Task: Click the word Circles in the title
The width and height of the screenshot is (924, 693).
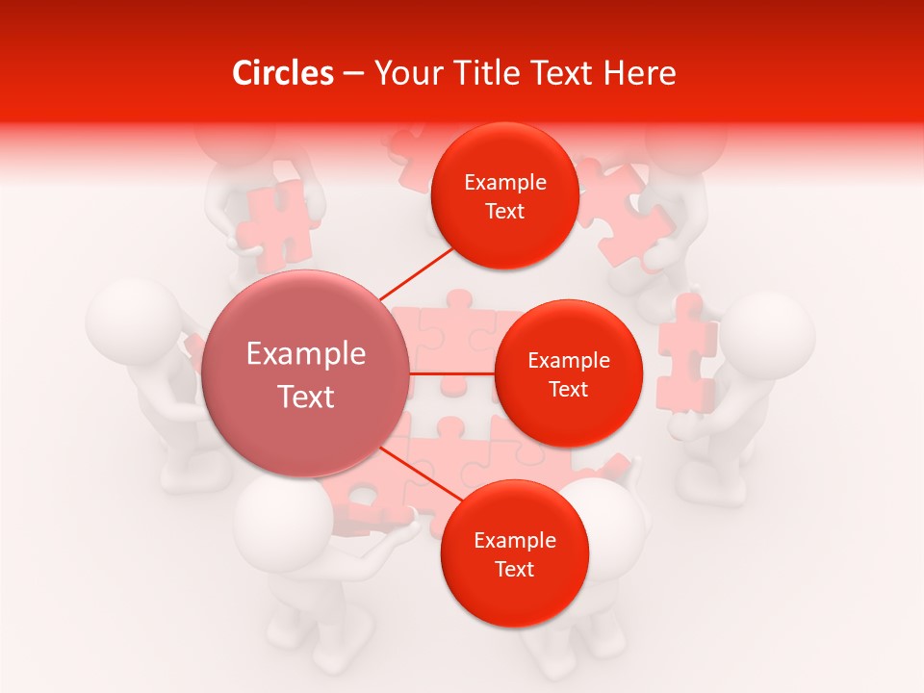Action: click(283, 73)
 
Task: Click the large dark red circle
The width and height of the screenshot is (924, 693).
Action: click(306, 373)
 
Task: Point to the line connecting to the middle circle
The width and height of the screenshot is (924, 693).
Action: click(451, 372)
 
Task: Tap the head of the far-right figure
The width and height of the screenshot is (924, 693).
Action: click(769, 331)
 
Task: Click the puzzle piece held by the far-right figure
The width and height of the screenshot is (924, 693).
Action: click(685, 354)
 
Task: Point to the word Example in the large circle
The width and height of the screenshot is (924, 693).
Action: click(306, 354)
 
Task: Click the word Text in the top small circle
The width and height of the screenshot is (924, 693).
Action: click(504, 212)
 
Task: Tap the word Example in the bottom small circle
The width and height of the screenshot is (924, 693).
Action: click(514, 541)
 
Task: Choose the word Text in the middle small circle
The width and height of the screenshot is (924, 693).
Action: click(568, 390)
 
